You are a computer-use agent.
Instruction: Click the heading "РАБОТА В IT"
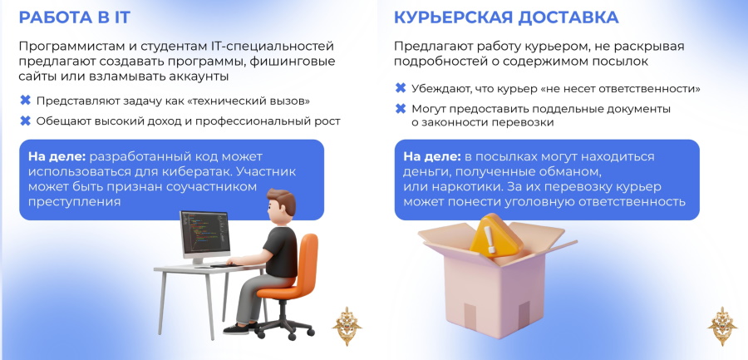click(x=75, y=17)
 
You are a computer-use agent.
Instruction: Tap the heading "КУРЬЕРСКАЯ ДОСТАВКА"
click(x=506, y=17)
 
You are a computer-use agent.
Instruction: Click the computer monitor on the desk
click(x=205, y=237)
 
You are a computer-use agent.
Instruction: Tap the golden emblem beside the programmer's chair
click(x=347, y=326)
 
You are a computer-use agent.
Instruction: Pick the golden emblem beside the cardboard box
click(x=722, y=326)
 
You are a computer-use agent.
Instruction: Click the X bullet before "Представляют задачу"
click(x=25, y=101)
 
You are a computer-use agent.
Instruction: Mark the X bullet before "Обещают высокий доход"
click(x=25, y=121)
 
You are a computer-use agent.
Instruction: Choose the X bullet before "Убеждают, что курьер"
click(x=401, y=88)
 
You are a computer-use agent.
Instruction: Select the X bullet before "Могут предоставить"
click(x=401, y=109)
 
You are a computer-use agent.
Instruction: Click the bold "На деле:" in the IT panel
click(x=57, y=156)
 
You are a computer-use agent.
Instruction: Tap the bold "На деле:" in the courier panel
click(x=432, y=156)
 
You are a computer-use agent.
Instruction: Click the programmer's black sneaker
click(x=237, y=328)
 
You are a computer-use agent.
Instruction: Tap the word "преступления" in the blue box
click(x=75, y=201)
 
